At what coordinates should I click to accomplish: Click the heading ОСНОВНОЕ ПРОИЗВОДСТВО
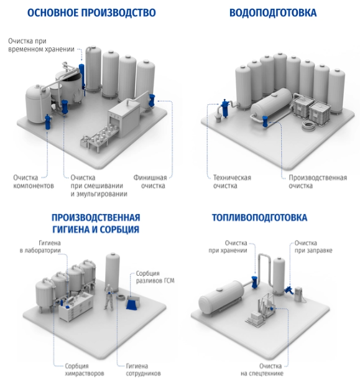(x=91, y=12)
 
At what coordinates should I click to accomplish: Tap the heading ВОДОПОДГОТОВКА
(x=273, y=12)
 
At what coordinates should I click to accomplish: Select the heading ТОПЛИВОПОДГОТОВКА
(x=259, y=218)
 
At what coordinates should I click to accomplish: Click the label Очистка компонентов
(x=34, y=182)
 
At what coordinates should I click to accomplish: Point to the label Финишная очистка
(x=150, y=182)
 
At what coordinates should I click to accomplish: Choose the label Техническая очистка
(x=232, y=182)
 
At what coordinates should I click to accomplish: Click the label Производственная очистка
(x=318, y=182)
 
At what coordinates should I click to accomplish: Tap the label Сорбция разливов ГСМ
(x=155, y=277)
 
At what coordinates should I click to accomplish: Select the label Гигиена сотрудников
(x=143, y=370)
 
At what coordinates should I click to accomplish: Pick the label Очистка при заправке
(x=313, y=246)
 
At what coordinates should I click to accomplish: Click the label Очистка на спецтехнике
(x=262, y=370)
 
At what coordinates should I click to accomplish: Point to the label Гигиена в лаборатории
(x=40, y=246)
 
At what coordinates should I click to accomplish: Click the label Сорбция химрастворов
(x=84, y=370)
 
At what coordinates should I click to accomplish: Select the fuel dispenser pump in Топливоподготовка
(x=298, y=294)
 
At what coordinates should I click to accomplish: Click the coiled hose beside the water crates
(x=309, y=124)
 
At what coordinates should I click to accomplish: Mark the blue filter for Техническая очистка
(x=225, y=108)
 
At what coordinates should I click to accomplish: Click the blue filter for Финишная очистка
(x=152, y=100)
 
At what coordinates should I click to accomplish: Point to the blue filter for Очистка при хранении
(x=254, y=282)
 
